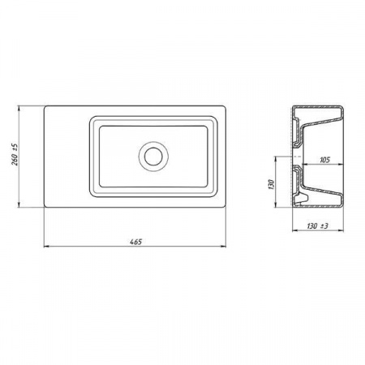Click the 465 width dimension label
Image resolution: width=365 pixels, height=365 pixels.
point(135,242)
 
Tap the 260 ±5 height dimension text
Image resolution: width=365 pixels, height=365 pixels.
point(15,154)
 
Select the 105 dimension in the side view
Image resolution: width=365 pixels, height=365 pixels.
point(324,160)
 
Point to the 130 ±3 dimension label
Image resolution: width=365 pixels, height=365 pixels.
point(317,225)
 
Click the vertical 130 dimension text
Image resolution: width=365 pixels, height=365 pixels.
point(272,184)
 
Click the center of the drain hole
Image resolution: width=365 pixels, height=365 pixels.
point(153,157)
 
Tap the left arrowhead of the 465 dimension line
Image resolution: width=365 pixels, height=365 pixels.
point(46,246)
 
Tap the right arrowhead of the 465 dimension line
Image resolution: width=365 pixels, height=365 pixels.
point(223,246)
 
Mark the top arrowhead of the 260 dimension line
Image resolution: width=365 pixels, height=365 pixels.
point(19,109)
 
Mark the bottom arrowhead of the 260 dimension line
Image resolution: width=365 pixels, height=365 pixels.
point(19,204)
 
